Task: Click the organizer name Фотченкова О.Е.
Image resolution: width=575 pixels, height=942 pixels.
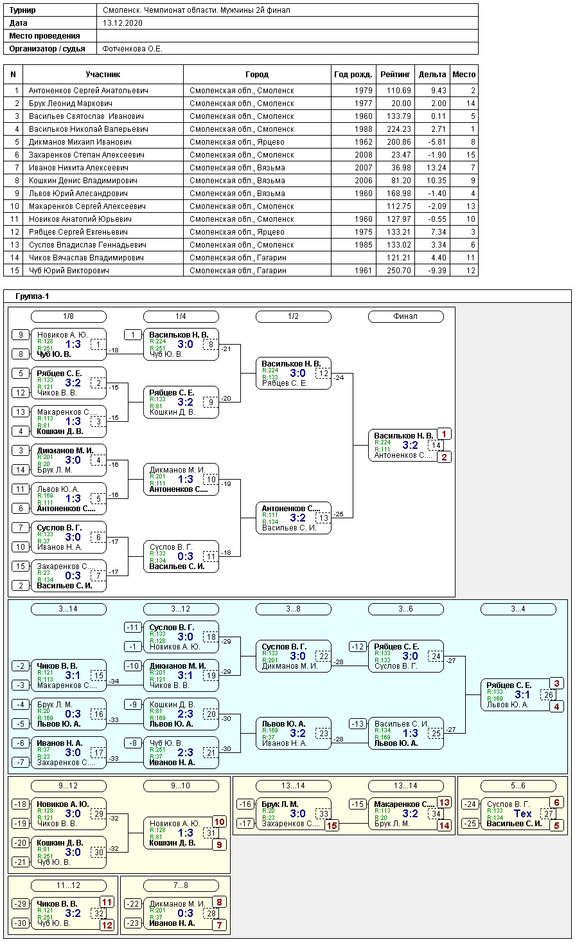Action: [x=132, y=49]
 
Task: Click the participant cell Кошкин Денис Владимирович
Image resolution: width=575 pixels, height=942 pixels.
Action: [x=83, y=181]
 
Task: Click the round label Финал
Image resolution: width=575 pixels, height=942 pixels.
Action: [x=405, y=316]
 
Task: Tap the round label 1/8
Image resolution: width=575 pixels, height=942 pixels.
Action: [x=68, y=316]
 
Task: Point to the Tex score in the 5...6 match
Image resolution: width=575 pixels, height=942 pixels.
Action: [x=523, y=813]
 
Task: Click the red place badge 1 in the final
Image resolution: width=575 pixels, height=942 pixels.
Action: [x=445, y=434]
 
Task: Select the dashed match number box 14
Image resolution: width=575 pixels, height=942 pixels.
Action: [x=436, y=445]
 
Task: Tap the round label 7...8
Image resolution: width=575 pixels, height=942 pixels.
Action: [x=181, y=885]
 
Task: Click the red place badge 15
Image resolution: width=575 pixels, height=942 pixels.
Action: [x=332, y=826]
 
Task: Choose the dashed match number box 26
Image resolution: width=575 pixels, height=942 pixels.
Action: [x=548, y=694]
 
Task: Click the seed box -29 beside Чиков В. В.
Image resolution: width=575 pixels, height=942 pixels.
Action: [x=21, y=904]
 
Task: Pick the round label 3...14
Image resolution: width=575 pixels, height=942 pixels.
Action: [x=68, y=609]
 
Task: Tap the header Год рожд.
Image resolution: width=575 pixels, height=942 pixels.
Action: [x=353, y=75]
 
